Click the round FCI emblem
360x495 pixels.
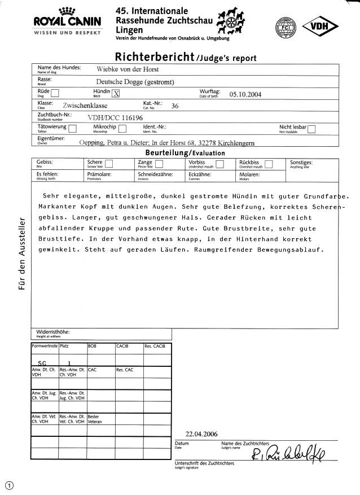(x=286, y=27)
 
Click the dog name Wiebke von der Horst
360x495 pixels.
(x=128, y=69)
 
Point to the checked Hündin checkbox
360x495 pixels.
(x=116, y=94)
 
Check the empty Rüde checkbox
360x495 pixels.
(x=55, y=94)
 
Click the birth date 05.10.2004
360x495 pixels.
(x=245, y=94)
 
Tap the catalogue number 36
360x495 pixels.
(x=174, y=106)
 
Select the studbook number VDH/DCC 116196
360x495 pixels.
(x=115, y=117)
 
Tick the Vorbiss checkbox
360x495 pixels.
(x=221, y=165)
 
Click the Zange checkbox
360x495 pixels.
(x=159, y=165)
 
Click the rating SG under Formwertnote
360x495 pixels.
(x=42, y=363)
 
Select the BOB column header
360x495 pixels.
(x=93, y=345)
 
